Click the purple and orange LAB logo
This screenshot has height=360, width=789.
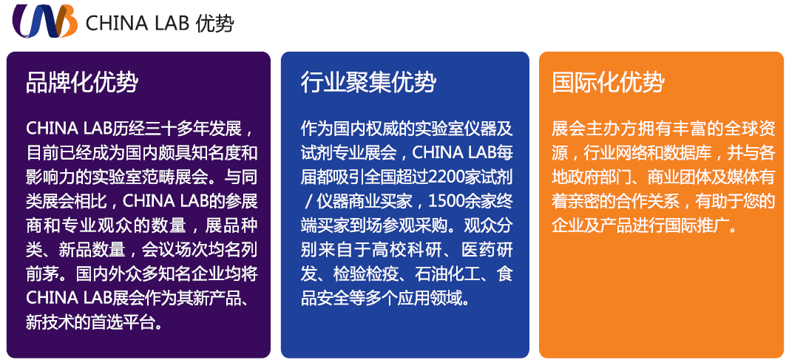coord(45,21)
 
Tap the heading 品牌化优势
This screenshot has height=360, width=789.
coord(82,83)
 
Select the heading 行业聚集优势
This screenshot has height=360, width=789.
coord(368,83)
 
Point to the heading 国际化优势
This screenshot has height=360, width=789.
coord(608,83)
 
